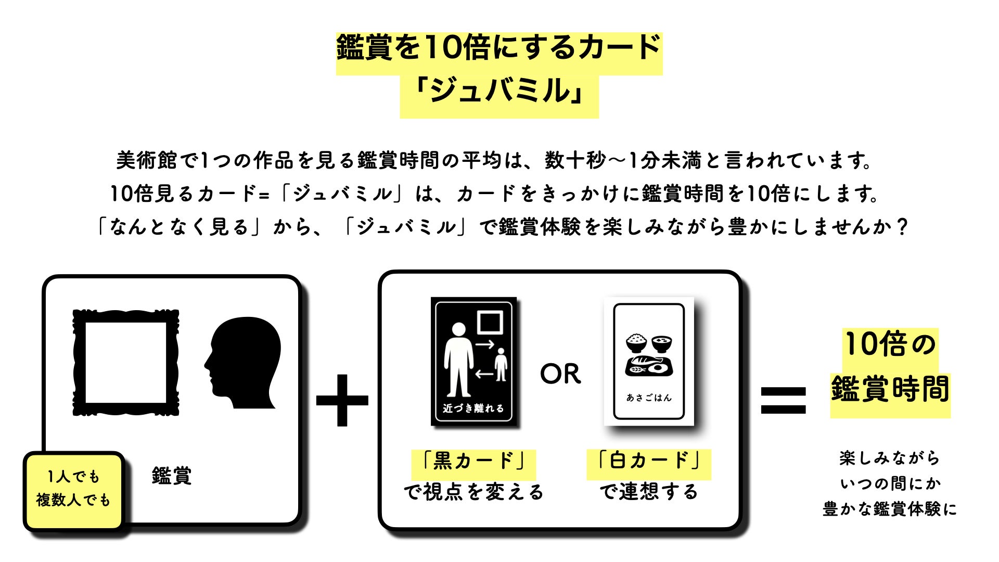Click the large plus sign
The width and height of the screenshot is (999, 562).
coord(342,400)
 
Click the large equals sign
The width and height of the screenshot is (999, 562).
coord(783,400)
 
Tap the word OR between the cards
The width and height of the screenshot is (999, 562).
coord(560,374)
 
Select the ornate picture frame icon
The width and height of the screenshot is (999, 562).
coord(126,362)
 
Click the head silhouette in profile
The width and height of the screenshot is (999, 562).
coord(244,363)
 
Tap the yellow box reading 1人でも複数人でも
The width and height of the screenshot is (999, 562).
coord(73,489)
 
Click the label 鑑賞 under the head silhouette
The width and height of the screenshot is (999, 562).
coord(172,476)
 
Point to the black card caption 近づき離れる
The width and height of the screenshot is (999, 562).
coord(473,408)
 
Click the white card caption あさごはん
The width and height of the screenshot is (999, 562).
coord(649,398)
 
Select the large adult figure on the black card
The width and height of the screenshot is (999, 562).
coord(458,359)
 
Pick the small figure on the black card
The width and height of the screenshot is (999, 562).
coord(501,364)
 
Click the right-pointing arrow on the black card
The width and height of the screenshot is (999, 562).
coord(484,344)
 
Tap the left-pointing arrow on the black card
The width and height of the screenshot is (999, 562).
coord(484,374)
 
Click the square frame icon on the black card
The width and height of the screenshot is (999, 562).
coord(490,322)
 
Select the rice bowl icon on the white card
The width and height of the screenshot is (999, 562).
coord(636,343)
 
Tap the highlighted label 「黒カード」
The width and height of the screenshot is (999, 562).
coord(473,461)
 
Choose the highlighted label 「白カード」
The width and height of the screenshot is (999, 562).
coord(649,461)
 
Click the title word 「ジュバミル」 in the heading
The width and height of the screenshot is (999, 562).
coord(499,91)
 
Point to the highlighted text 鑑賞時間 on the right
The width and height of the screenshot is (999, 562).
coord(890,389)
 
